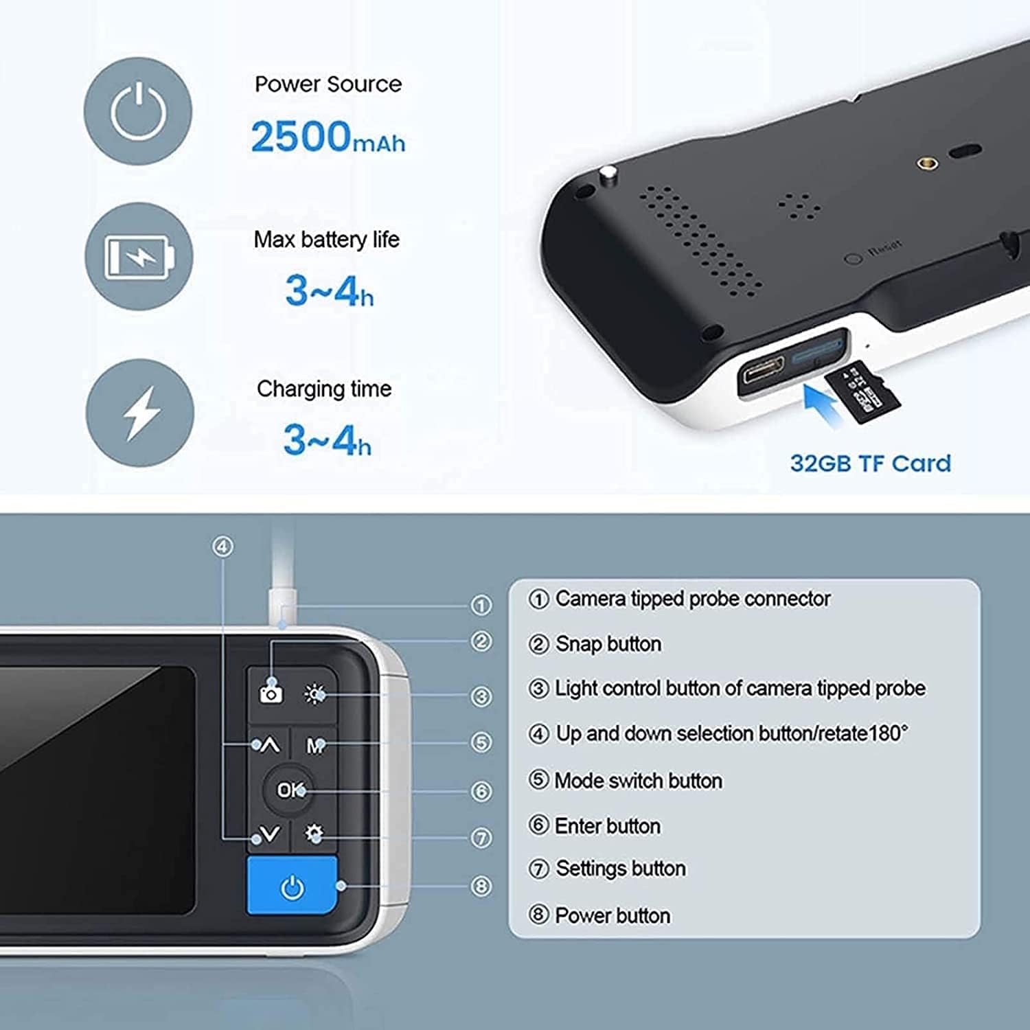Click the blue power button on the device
tap(292, 885)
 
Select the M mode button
tap(314, 745)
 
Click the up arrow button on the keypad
tap(268, 745)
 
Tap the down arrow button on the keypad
tap(268, 834)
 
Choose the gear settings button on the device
tap(314, 834)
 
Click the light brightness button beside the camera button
tap(315, 694)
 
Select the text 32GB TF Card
tap(871, 463)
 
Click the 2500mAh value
tap(328, 137)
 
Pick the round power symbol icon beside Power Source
tap(138, 111)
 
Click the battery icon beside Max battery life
tap(139, 256)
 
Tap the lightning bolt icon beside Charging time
tap(140, 413)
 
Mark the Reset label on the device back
tap(885, 249)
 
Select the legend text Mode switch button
tap(638, 781)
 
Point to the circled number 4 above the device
tap(222, 547)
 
